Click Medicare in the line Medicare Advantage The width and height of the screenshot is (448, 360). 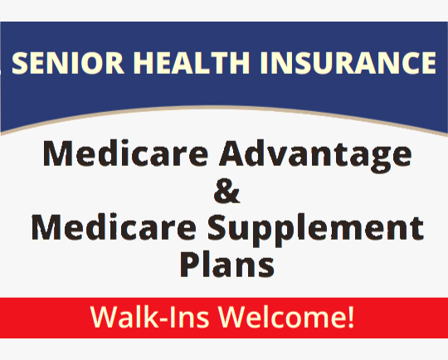117,155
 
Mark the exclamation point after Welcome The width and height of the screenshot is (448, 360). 352,317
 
